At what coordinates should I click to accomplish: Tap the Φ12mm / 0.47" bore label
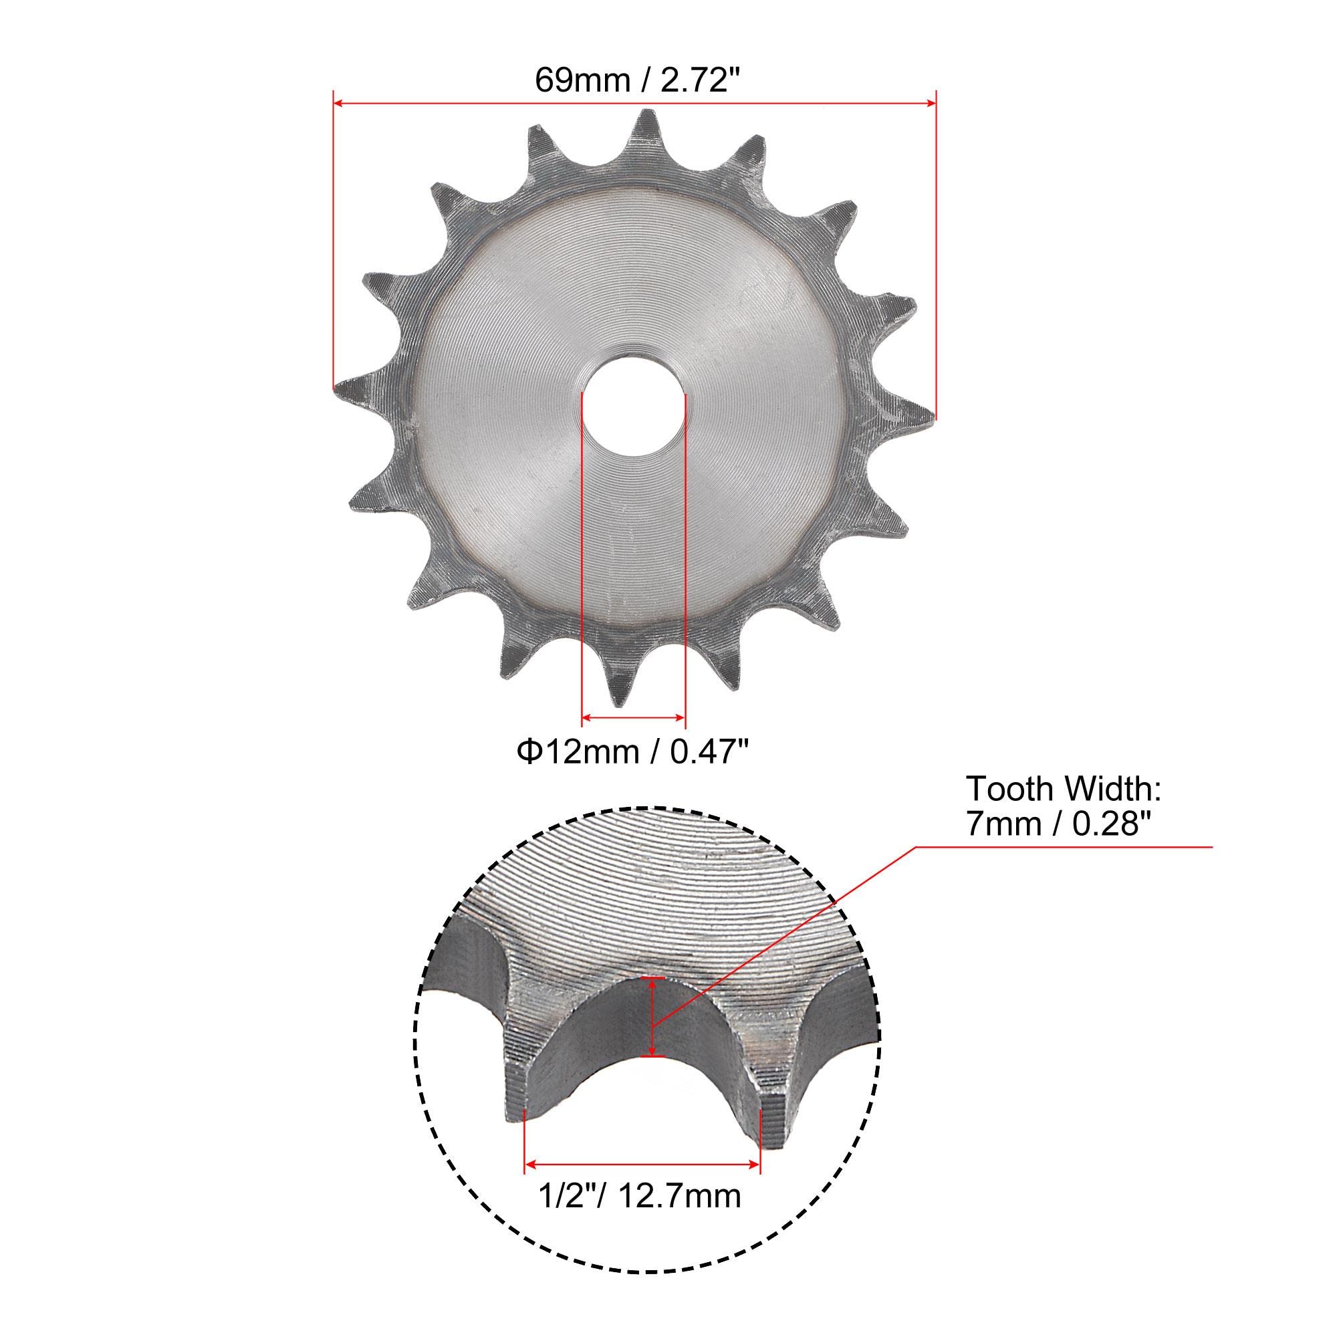point(634,751)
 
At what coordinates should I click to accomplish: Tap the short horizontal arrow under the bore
point(633,719)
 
